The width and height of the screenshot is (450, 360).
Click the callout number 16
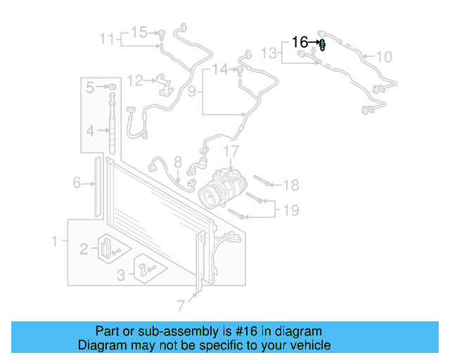click(x=300, y=42)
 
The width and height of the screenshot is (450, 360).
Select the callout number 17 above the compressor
click(x=231, y=151)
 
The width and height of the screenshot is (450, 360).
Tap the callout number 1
click(x=54, y=242)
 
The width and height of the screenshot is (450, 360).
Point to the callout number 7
click(x=181, y=305)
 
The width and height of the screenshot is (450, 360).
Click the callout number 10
click(x=384, y=57)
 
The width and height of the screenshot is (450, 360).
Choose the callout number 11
click(x=106, y=39)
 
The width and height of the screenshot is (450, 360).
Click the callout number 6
click(x=77, y=184)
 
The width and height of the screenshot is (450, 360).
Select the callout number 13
click(x=269, y=53)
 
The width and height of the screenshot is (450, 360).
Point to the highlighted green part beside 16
click(x=323, y=46)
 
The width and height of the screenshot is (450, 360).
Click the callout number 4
click(x=90, y=131)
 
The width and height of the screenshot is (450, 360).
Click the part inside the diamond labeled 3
click(x=146, y=269)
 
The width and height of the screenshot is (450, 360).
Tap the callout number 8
click(x=178, y=162)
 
